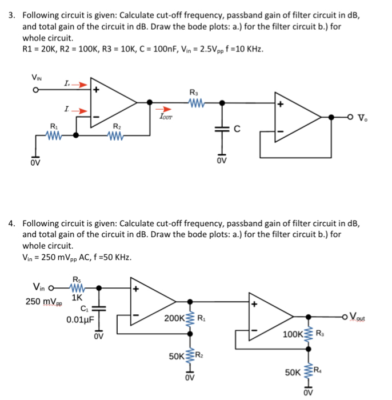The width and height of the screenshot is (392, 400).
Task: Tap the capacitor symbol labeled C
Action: point(222,130)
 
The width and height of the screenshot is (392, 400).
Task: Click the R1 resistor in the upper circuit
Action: point(54,135)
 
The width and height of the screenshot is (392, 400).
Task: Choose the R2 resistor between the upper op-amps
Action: point(117,135)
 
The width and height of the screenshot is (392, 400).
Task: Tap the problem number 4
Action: point(12,223)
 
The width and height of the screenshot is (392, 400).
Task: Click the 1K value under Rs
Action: point(78,298)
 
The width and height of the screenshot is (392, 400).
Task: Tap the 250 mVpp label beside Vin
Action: point(41,301)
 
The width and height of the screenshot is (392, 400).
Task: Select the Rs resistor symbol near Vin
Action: point(77,287)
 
